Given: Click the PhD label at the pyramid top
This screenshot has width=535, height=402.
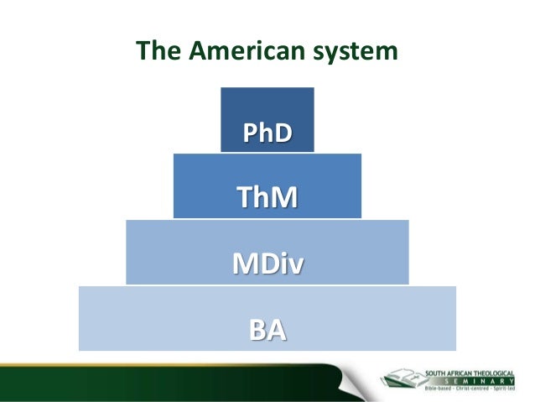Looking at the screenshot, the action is (267, 133).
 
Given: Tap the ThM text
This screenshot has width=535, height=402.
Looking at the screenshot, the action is (267, 198).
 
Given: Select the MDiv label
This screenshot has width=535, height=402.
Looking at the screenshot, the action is (267, 264).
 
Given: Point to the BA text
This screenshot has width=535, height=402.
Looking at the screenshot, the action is (267, 330).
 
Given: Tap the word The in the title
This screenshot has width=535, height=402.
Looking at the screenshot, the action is (157, 52).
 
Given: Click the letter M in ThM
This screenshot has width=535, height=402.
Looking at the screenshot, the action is (285, 198).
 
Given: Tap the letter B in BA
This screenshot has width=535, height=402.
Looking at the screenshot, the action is (258, 330).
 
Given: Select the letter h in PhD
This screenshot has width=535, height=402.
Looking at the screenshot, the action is (267, 133).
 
